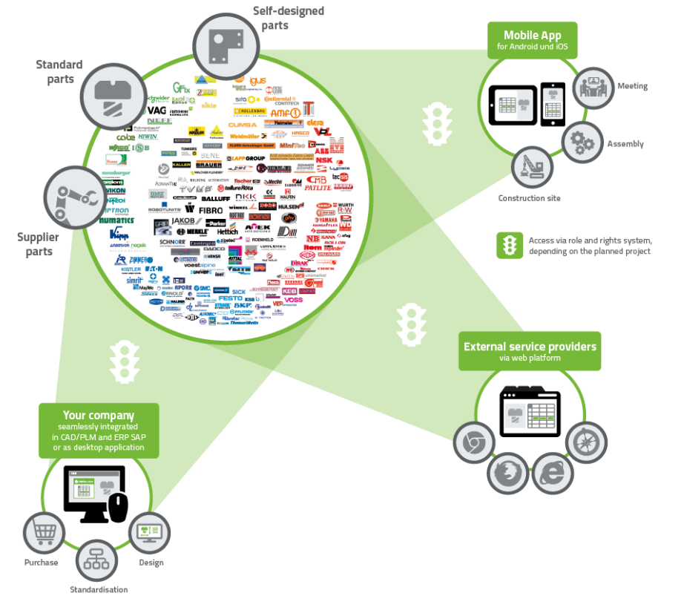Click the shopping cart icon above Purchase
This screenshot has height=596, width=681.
(42, 532)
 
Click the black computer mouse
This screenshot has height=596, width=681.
(119, 507)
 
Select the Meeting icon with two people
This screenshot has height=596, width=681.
(593, 87)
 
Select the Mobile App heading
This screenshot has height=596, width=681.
(531, 36)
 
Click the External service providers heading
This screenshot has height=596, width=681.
(530, 347)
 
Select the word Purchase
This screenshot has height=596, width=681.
(41, 562)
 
